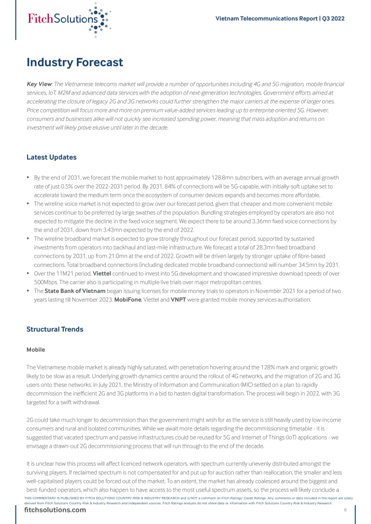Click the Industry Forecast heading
point(75,62)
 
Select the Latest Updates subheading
point(51,157)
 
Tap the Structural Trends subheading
point(55,329)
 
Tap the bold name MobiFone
point(128,300)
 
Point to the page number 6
point(345,510)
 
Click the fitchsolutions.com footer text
point(55,510)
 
